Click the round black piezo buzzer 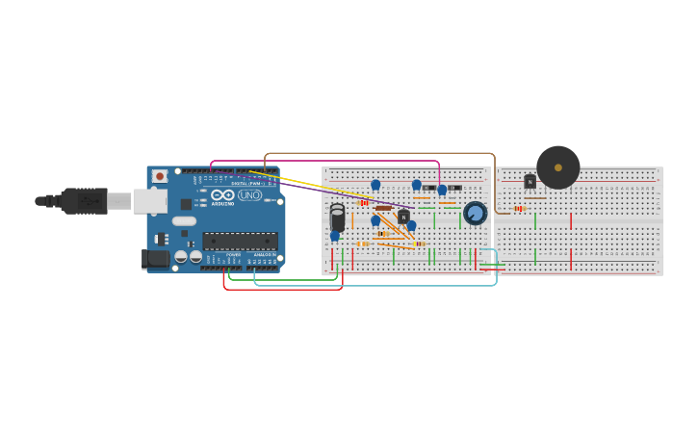coord(557,167)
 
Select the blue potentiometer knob coord(475,213)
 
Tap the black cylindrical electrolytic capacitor coord(337,218)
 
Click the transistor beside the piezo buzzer coord(530,181)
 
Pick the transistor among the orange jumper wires coord(403,217)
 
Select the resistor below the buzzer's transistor coord(520,208)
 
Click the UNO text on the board coord(249,195)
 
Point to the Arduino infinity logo coord(223,195)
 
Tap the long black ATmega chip coord(240,241)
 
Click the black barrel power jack coord(154,258)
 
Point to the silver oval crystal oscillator coord(185,221)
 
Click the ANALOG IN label coord(262,255)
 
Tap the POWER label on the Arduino coord(232,255)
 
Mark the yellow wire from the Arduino coord(308,186)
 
